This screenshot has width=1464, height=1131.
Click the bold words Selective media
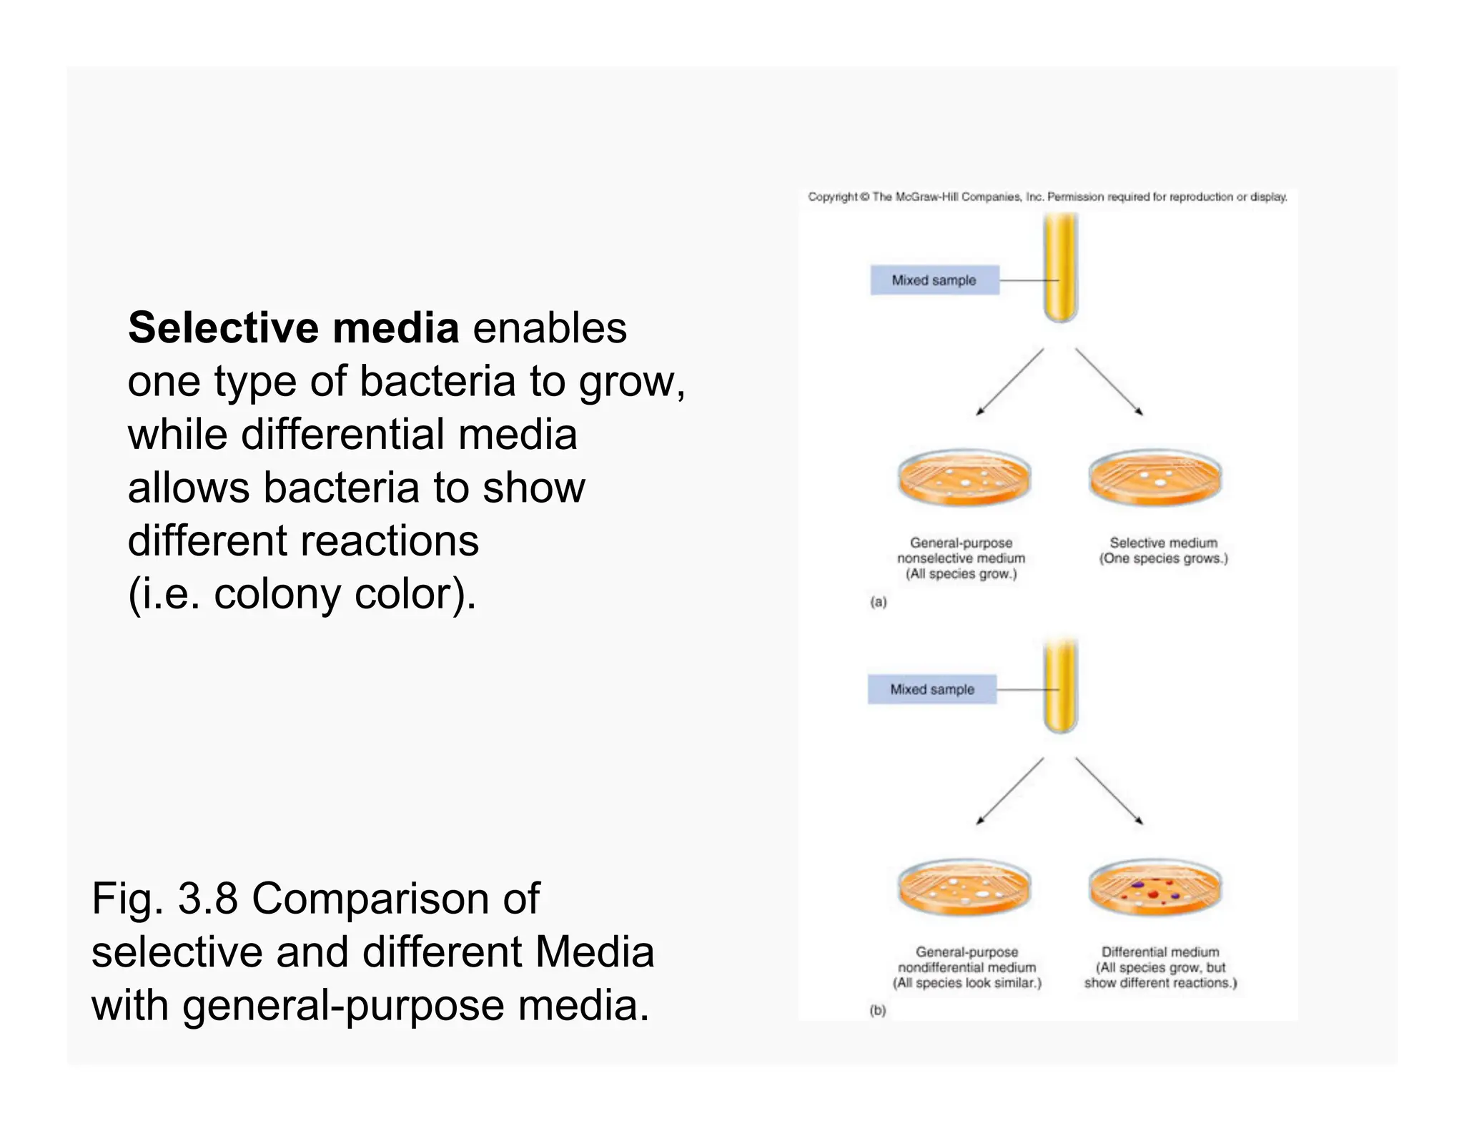click(293, 328)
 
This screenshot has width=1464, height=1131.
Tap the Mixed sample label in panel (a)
click(934, 280)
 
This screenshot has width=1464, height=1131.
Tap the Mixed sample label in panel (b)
click(931, 689)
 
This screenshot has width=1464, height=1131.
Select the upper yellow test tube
click(1060, 268)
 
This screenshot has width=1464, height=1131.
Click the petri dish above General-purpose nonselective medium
click(964, 478)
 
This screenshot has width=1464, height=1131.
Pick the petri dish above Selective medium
click(1155, 478)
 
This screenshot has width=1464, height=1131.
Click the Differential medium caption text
click(1159, 952)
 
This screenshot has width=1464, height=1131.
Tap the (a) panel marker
click(878, 602)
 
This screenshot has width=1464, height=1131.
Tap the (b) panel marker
click(877, 1010)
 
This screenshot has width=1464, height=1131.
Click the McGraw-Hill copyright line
click(1047, 197)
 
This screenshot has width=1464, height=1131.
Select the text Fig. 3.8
click(164, 899)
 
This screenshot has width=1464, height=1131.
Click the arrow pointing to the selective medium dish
click(1109, 381)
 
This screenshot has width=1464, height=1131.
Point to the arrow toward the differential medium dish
click(1109, 791)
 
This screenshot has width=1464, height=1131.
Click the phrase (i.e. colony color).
click(302, 594)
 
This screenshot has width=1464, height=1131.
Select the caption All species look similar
click(966, 983)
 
